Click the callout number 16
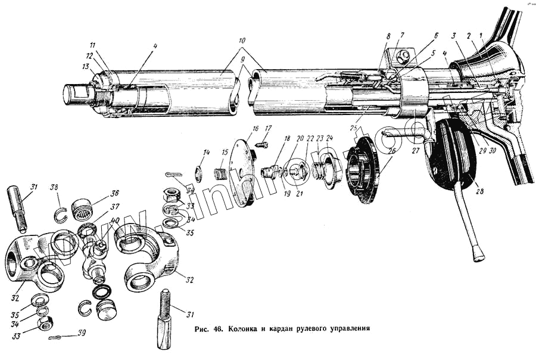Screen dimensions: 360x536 (255, 128)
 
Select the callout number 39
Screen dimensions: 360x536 (82, 333)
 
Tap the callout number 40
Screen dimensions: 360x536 (114, 220)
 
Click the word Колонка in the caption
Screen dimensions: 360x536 (245, 328)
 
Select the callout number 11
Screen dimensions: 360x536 (92, 45)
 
